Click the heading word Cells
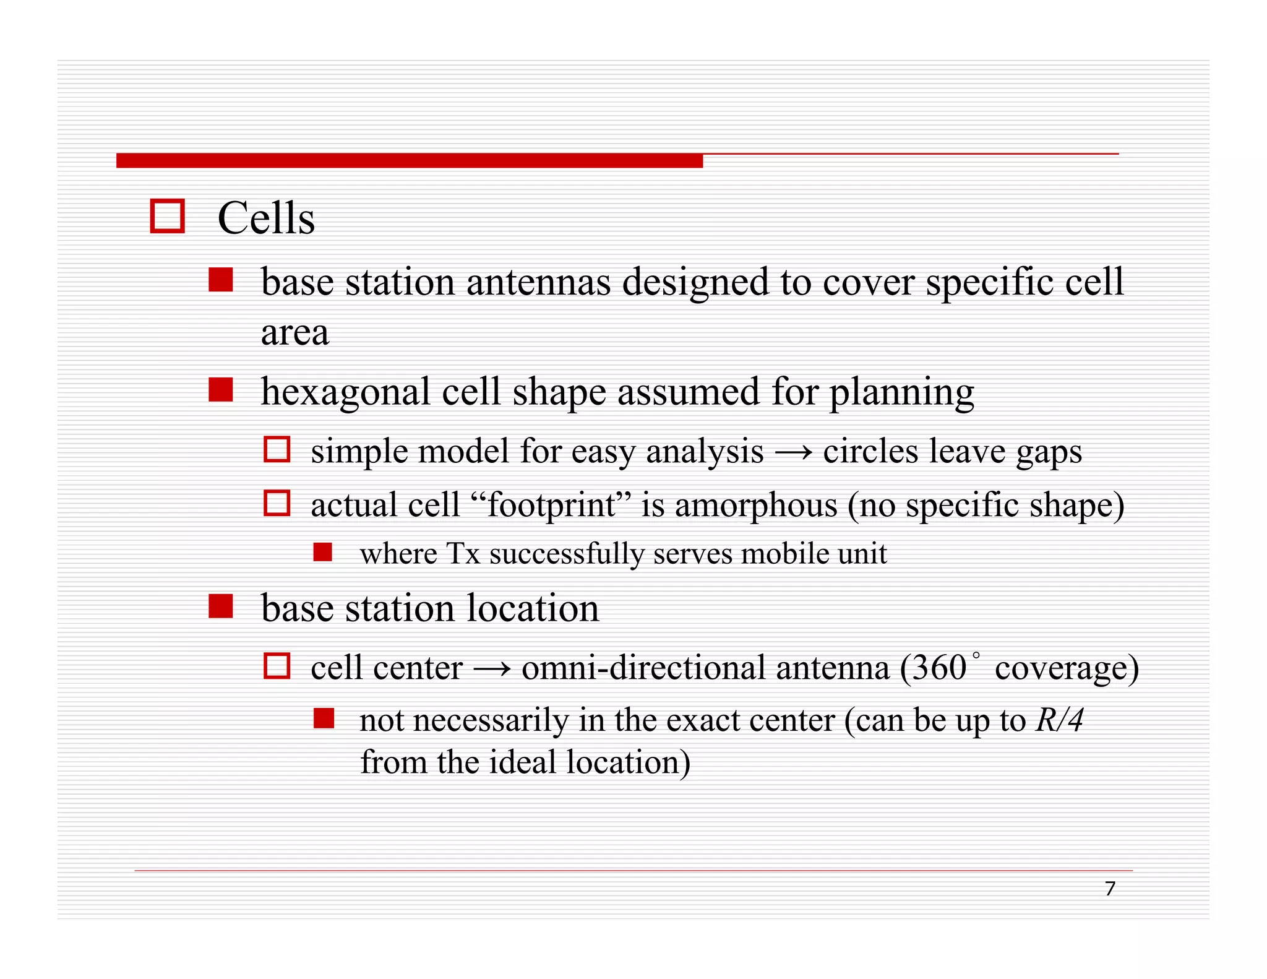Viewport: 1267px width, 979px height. point(266,218)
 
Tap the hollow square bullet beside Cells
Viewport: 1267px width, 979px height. point(168,217)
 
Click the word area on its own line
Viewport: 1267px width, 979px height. point(294,333)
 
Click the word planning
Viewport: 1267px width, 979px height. point(901,392)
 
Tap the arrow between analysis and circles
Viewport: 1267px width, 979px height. point(793,452)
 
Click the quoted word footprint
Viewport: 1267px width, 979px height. point(552,505)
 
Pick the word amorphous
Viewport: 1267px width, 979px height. point(755,505)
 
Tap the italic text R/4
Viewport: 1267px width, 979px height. point(1059,720)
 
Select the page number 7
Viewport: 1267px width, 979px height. point(1110,889)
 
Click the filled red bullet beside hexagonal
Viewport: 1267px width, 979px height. point(220,390)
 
